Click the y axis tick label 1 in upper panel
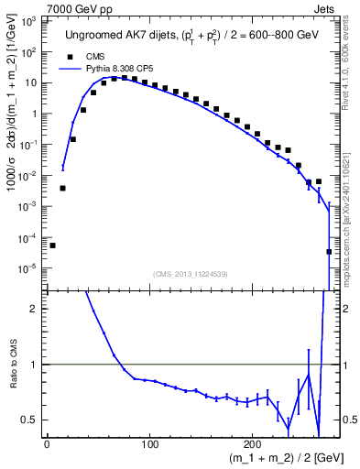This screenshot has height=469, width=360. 34,114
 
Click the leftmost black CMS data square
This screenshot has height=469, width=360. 52,245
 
